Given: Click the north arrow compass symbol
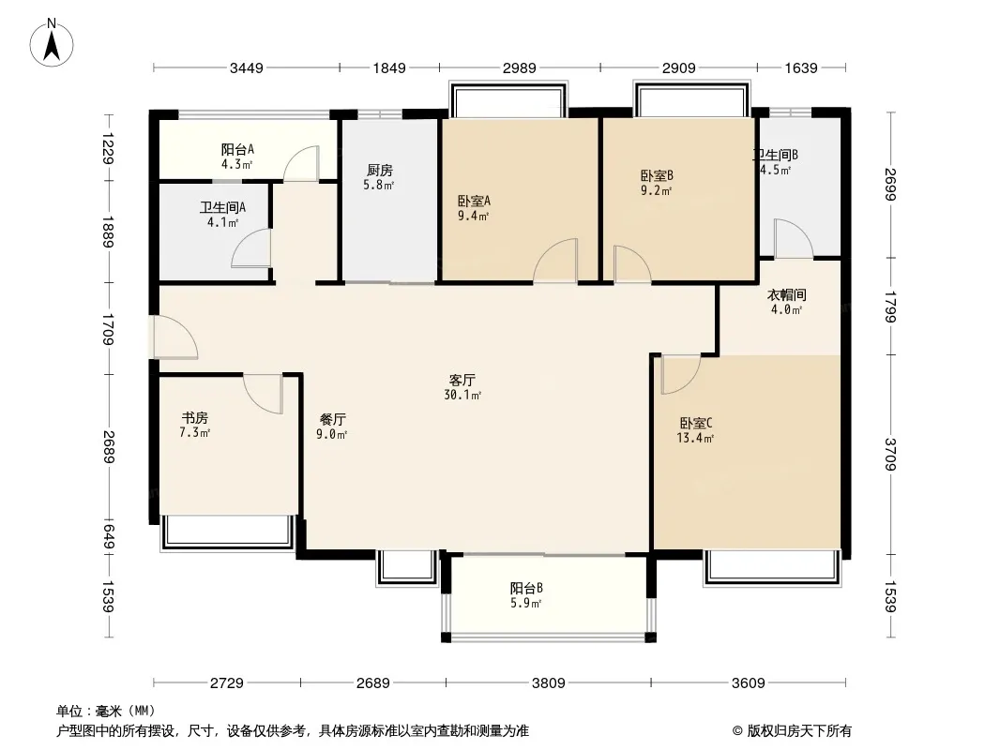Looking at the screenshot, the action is [52, 42].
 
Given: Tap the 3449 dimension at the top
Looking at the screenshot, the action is [246, 67].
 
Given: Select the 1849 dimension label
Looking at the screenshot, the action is [389, 67].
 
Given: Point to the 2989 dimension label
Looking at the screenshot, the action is [519, 67].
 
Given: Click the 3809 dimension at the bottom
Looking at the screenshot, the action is [549, 683].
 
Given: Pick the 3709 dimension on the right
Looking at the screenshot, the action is [891, 455].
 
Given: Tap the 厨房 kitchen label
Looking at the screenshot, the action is [380, 170].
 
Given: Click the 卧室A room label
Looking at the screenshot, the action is [474, 201].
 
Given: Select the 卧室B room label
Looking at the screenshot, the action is [657, 175].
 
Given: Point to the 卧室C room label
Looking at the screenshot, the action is [696, 423].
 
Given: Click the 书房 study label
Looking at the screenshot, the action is [195, 418].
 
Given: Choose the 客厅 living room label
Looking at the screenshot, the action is [462, 381].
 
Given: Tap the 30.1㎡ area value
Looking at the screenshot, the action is [462, 395].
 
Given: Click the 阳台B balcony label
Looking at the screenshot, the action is [526, 588].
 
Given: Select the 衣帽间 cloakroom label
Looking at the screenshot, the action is [786, 295].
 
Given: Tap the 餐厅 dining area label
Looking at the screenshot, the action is [332, 420].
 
